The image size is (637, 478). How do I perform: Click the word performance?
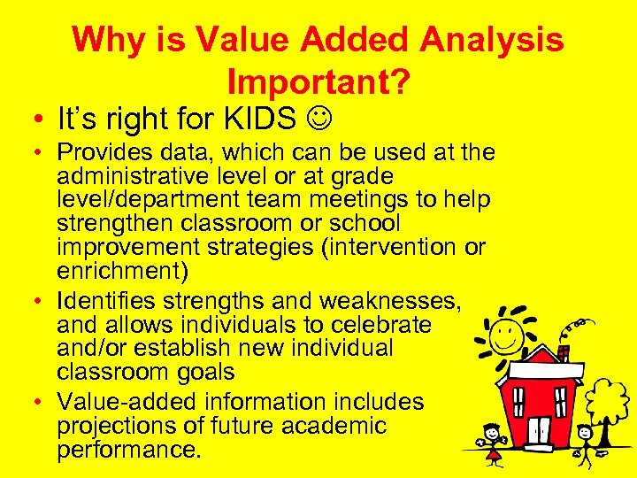(129, 450)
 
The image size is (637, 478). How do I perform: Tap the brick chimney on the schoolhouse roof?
(564, 354)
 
